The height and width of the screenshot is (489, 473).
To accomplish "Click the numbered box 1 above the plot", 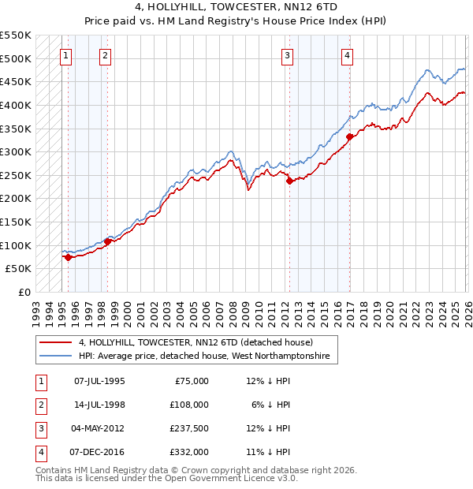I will [x=65, y=55].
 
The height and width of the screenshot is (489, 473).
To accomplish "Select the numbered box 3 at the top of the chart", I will [x=288, y=55].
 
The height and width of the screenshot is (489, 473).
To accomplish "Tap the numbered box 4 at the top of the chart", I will [x=347, y=55].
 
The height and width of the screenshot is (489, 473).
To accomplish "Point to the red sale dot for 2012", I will [x=289, y=181].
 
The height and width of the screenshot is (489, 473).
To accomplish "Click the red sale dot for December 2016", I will [x=349, y=136].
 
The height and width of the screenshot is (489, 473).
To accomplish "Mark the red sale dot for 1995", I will [x=69, y=256].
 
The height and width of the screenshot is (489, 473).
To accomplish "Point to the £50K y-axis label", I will [x=19, y=268].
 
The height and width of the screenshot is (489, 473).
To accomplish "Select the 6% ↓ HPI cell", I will [x=268, y=404].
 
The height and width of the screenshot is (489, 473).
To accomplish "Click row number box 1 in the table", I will [x=40, y=380].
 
